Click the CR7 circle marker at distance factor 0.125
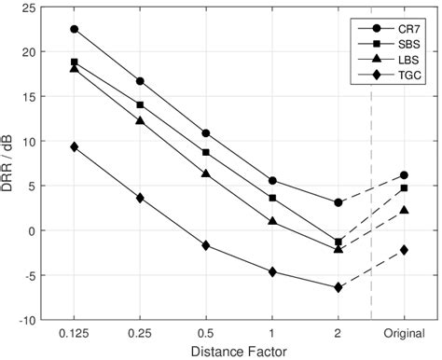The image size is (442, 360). click(x=75, y=29)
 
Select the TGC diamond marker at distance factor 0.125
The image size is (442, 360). click(x=75, y=147)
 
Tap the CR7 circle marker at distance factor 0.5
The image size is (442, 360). click(x=206, y=133)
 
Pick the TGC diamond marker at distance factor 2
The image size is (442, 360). click(x=338, y=287)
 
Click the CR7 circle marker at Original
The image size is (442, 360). click(x=404, y=175)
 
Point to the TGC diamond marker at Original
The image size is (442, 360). click(x=404, y=250)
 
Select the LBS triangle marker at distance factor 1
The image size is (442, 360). click(x=272, y=221)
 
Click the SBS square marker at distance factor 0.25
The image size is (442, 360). click(x=140, y=105)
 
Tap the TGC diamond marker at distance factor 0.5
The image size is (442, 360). click(x=206, y=245)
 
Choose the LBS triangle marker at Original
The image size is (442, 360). click(x=404, y=210)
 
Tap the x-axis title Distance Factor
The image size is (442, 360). click(x=239, y=351)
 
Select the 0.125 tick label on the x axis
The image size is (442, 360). click(x=75, y=332)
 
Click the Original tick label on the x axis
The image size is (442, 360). click(x=404, y=332)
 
